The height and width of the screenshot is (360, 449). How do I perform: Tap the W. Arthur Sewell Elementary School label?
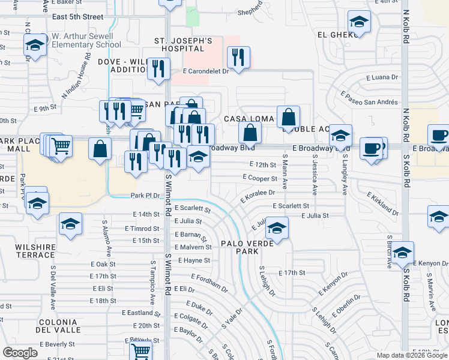[86, 40]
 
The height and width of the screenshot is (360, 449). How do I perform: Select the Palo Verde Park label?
[247, 247]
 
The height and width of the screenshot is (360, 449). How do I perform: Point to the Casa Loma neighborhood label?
[249, 119]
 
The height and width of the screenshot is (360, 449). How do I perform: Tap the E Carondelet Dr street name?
[206, 71]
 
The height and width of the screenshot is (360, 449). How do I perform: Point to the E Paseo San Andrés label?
[369, 98]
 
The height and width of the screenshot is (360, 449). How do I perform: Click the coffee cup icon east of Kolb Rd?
[438, 136]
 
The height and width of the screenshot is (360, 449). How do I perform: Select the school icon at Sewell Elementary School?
[35, 44]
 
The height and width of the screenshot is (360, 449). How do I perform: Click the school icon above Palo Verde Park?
[277, 227]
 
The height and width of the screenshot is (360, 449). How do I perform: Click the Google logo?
[20, 353]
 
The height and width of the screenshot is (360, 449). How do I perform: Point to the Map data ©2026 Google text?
[411, 355]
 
